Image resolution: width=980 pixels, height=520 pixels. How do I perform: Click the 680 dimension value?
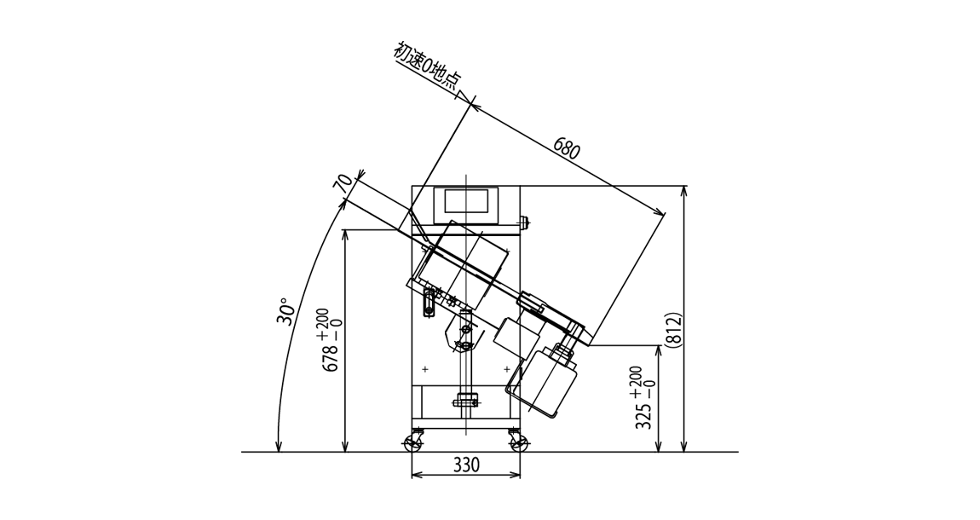pyautogui.click(x=567, y=151)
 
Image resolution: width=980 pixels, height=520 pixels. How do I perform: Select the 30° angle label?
pyautogui.click(x=285, y=310)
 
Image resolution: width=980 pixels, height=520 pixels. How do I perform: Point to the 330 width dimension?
pyautogui.click(x=465, y=465)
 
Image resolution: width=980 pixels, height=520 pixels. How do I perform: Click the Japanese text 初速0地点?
pyautogui.click(x=427, y=67)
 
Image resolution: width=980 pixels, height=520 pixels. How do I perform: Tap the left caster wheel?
pyautogui.click(x=413, y=442)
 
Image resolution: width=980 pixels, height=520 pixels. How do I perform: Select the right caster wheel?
pyautogui.click(x=518, y=442)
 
